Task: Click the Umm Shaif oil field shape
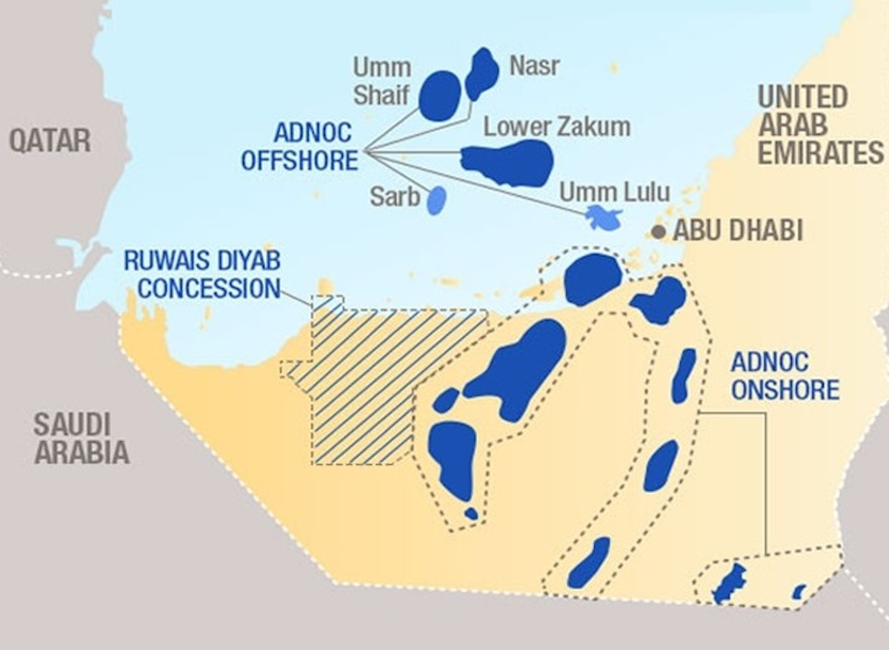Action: (440, 96)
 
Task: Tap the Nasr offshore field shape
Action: (482, 73)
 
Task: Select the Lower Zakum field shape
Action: (510, 162)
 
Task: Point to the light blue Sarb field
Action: (437, 200)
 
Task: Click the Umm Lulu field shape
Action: (604, 218)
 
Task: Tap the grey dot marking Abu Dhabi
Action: (658, 232)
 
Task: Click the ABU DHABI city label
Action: (737, 231)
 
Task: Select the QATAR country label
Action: (50, 140)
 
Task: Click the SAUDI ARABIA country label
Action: (81, 438)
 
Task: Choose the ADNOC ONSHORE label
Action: (785, 376)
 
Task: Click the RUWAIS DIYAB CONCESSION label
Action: (202, 274)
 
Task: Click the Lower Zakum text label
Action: (557, 127)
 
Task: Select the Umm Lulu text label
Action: (614, 192)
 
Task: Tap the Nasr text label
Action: (534, 67)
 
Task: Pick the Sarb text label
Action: (395, 197)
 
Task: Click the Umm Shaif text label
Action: (382, 81)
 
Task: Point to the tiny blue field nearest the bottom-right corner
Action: (799, 592)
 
